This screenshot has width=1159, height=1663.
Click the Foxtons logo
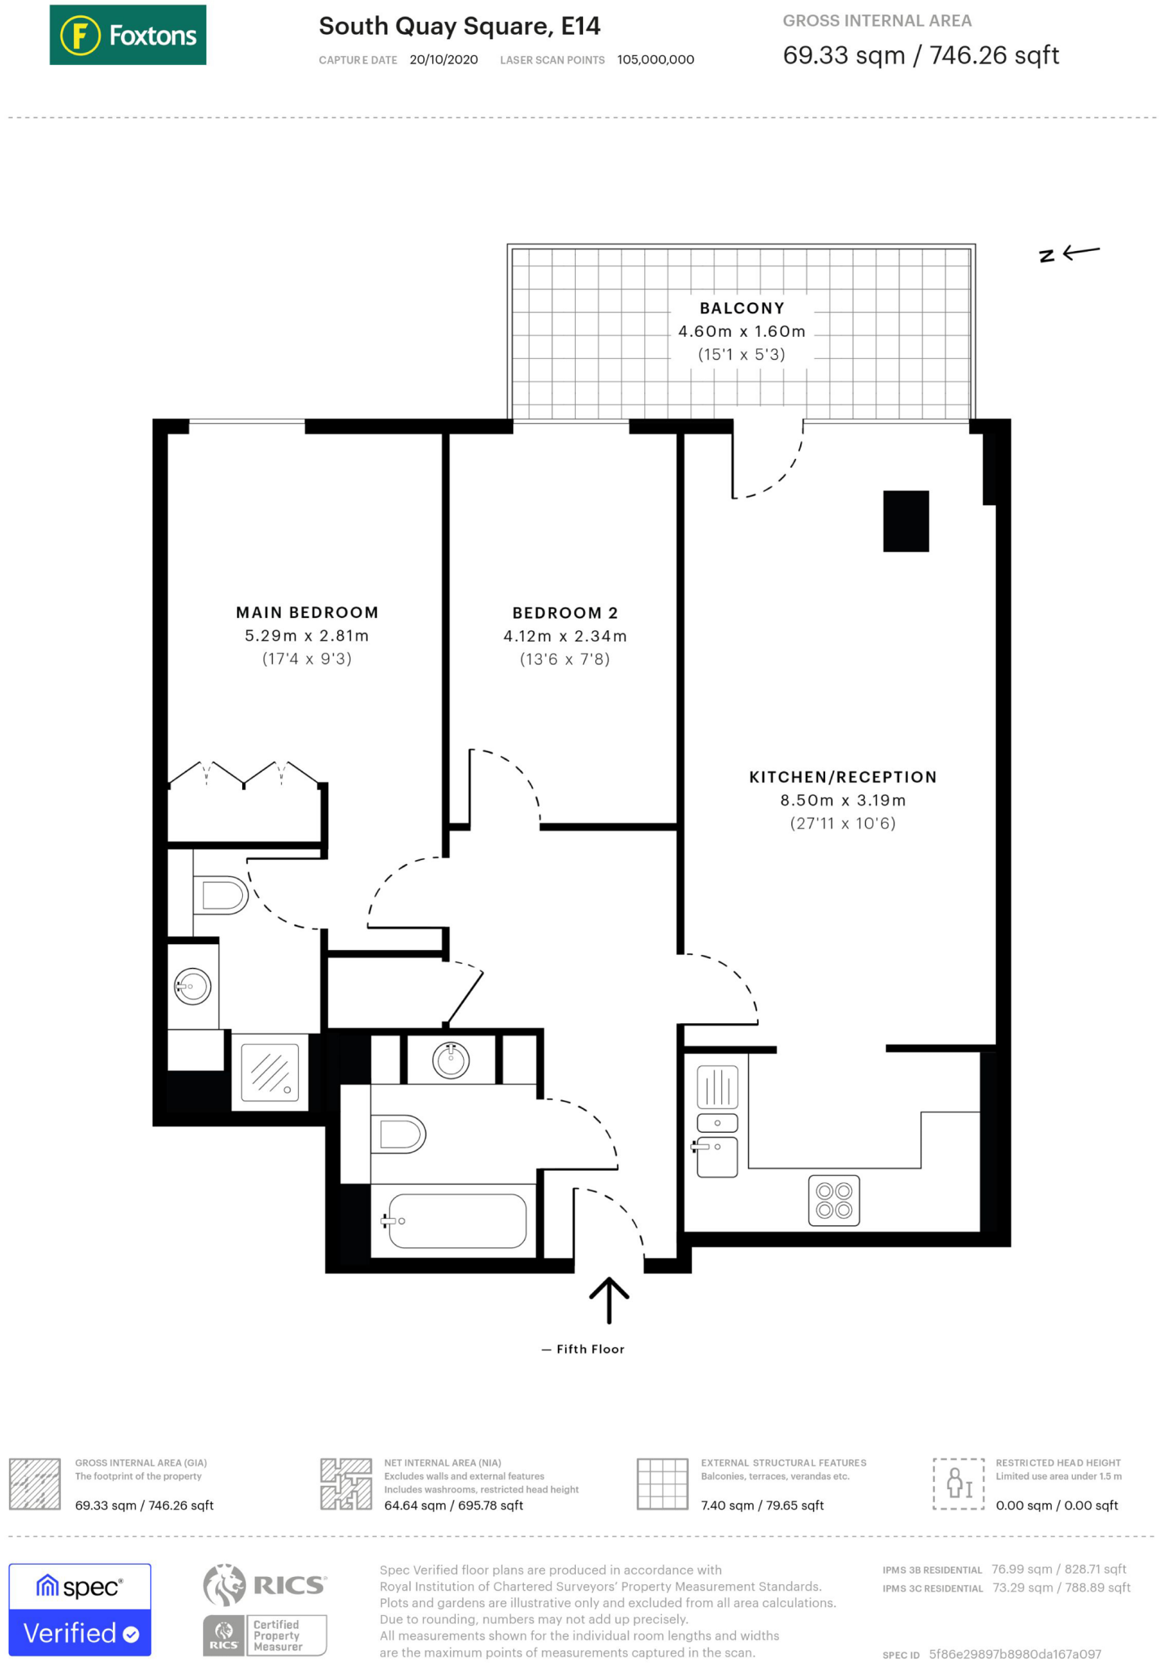(128, 35)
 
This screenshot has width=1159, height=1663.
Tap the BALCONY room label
(742, 309)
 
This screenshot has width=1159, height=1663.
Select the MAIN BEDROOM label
(307, 612)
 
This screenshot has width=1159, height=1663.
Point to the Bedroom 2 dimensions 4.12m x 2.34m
(564, 636)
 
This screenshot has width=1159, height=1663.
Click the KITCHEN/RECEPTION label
(842, 777)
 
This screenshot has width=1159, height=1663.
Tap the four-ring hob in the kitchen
(833, 1201)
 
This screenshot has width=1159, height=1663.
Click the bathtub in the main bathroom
(456, 1220)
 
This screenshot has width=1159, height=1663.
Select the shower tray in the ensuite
(270, 1072)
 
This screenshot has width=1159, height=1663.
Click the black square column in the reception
(906, 521)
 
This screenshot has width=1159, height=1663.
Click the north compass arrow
(1070, 253)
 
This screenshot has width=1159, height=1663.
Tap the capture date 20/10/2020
(443, 60)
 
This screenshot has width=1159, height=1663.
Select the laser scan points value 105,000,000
(655, 60)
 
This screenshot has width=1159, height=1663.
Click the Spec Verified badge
(80, 1609)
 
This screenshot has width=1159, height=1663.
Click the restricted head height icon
(958, 1484)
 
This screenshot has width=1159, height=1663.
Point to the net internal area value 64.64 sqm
(453, 1505)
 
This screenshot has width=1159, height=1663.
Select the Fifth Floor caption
(590, 1349)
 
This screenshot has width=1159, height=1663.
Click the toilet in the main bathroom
(397, 1134)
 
